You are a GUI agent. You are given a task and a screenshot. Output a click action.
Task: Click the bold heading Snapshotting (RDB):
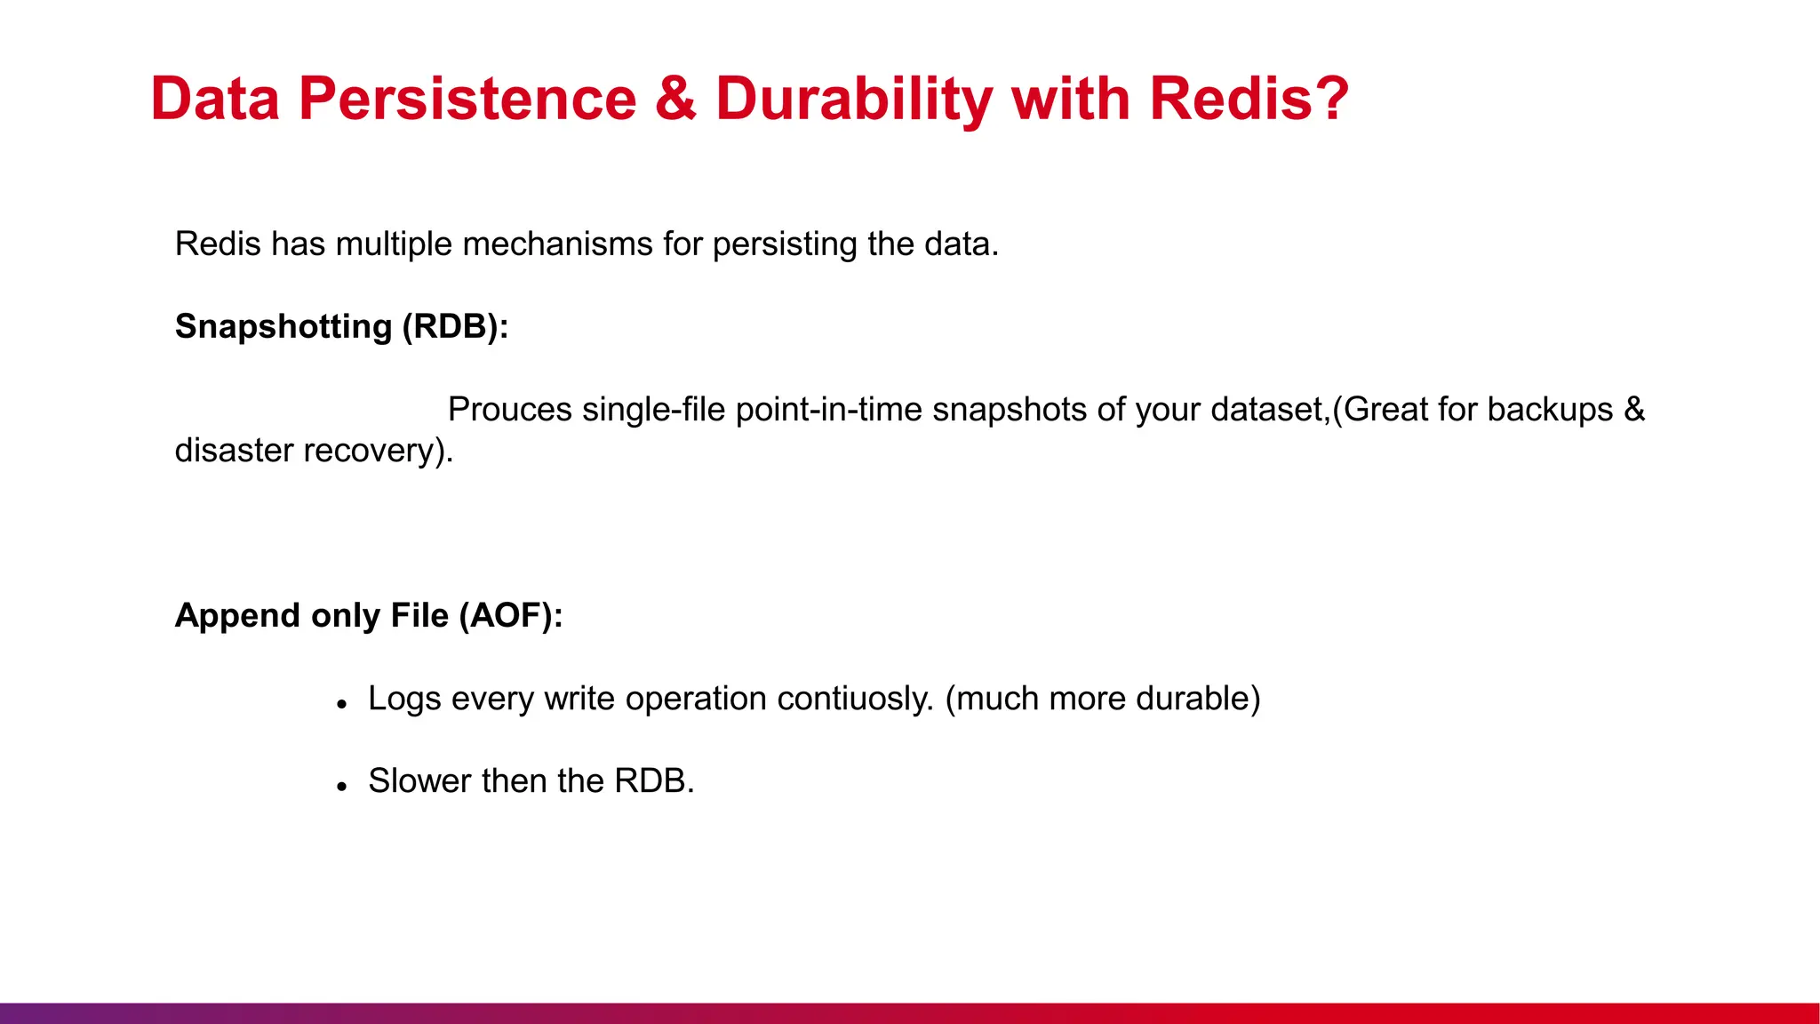tap(341, 326)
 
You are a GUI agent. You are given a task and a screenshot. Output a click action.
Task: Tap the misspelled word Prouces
tap(509, 409)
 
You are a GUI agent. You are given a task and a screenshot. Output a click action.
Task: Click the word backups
tap(1550, 409)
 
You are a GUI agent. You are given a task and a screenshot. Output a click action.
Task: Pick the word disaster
tap(234, 451)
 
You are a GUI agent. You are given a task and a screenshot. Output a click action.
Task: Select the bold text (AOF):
tap(511, 615)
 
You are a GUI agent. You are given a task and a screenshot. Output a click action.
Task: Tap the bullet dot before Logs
tap(341, 704)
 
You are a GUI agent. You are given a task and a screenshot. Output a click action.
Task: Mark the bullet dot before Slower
tap(341, 787)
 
